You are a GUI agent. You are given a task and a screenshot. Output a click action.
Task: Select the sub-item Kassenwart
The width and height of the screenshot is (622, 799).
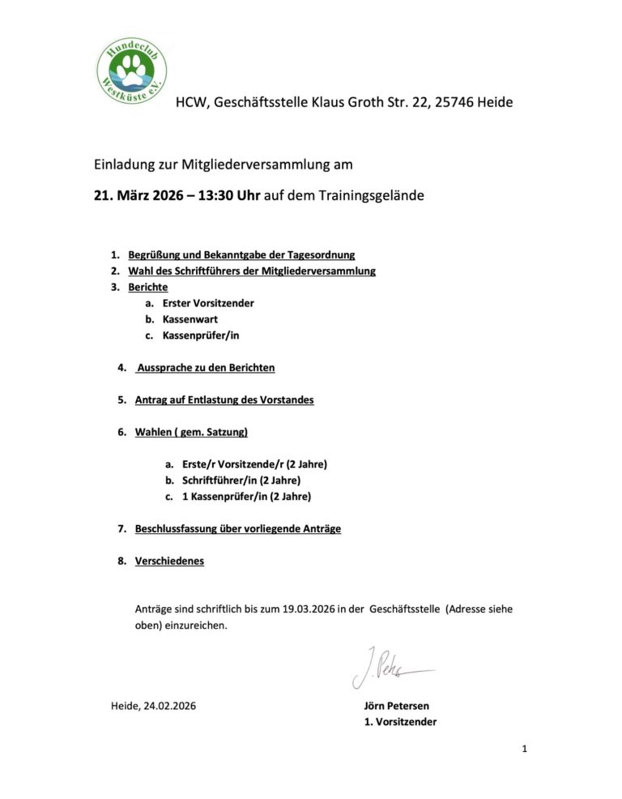(190, 319)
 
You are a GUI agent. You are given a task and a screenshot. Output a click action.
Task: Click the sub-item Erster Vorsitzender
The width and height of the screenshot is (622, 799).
(208, 303)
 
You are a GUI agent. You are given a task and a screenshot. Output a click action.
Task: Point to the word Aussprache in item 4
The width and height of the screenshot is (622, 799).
(165, 368)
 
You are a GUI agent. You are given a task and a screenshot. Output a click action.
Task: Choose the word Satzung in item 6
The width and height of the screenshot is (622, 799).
(224, 433)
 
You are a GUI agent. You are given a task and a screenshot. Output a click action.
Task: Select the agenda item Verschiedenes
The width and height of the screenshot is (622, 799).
(169, 561)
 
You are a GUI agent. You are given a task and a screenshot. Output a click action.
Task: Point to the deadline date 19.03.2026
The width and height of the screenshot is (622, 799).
(309, 608)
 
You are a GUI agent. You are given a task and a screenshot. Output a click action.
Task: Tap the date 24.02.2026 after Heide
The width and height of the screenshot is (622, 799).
(169, 706)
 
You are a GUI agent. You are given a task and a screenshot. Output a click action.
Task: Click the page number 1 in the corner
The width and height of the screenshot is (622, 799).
(525, 750)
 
